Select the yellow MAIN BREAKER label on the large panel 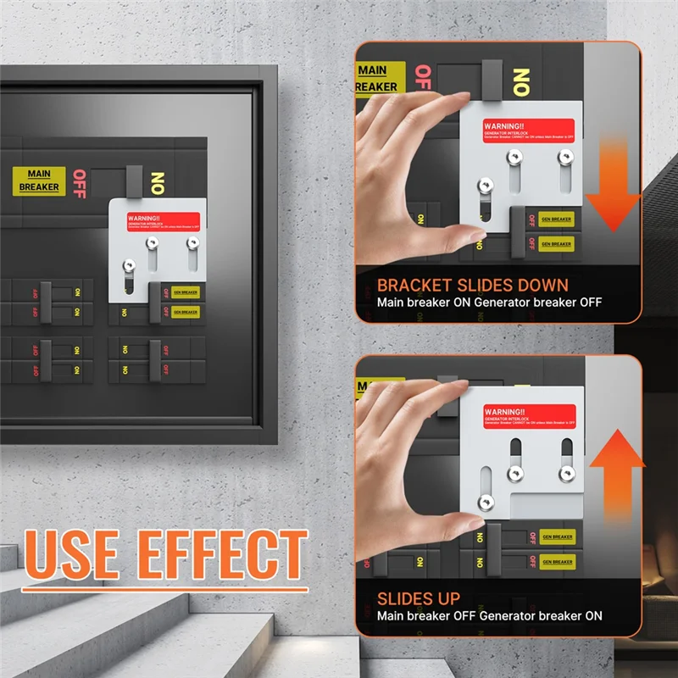[x=39, y=180]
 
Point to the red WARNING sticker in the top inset [x=529, y=131]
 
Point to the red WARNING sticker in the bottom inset [x=529, y=415]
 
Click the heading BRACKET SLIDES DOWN [x=473, y=285]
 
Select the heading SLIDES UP [x=419, y=598]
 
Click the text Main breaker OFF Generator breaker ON [x=490, y=616]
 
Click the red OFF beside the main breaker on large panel [x=81, y=184]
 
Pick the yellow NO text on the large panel [x=156, y=183]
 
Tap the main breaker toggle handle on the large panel [x=132, y=179]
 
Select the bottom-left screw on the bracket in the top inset [x=486, y=188]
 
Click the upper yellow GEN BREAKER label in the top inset [x=556, y=219]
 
